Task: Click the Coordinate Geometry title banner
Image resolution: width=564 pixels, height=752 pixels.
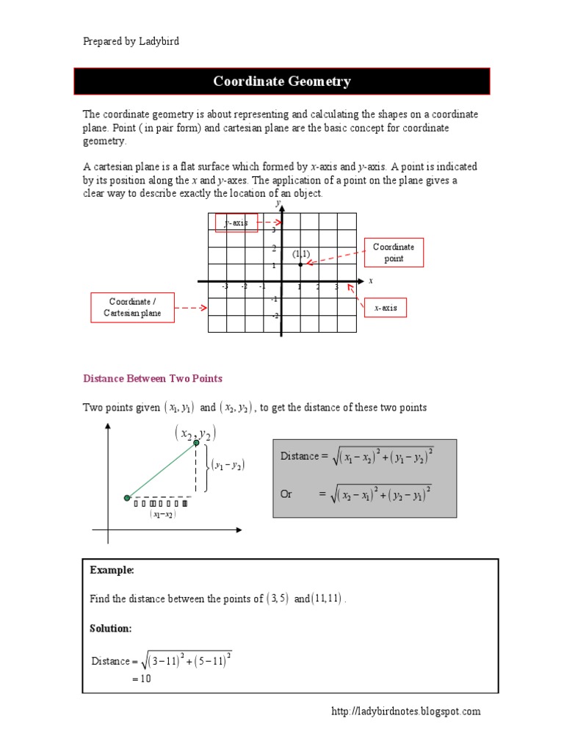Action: click(282, 82)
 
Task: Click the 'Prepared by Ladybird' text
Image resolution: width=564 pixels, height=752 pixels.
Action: click(131, 41)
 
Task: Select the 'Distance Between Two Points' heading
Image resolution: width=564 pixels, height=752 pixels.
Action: click(153, 379)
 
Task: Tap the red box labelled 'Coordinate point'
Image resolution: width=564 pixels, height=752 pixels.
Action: click(394, 253)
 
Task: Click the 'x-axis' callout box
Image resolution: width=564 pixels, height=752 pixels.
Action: click(386, 308)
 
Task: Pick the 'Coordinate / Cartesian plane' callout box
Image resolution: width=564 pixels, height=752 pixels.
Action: click(130, 308)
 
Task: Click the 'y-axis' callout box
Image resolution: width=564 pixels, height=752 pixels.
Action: click(236, 223)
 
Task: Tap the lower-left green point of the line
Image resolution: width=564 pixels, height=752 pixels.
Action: click(127, 499)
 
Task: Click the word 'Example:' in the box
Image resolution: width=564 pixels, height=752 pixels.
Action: click(112, 571)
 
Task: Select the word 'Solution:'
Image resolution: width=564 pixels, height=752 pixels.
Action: click(111, 629)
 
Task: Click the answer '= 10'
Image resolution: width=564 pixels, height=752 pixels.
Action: click(141, 679)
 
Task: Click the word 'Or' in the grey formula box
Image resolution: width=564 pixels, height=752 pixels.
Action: click(286, 494)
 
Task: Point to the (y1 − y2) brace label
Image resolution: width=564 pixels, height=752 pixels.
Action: click(228, 465)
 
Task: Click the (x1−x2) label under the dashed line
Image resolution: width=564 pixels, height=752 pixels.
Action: click(162, 515)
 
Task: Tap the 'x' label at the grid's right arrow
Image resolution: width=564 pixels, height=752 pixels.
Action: click(371, 281)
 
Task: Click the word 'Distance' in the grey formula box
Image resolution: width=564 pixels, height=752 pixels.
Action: click(300, 456)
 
